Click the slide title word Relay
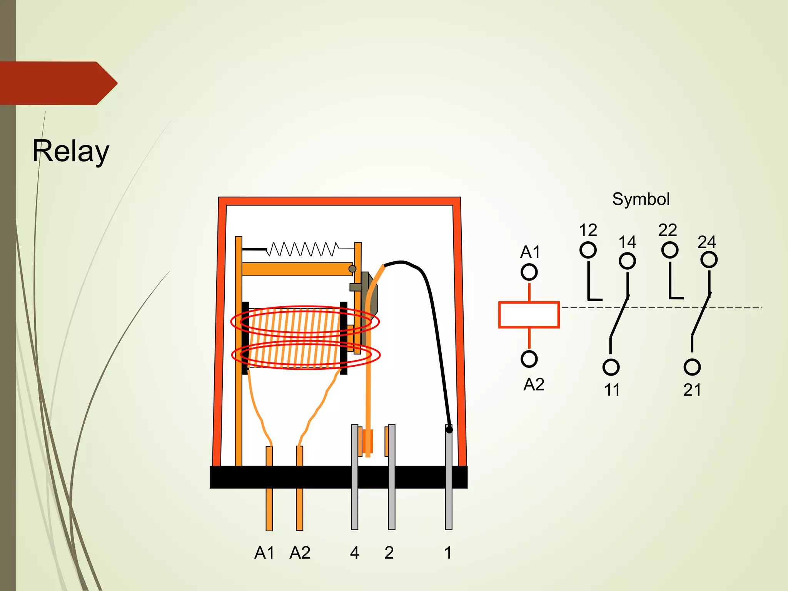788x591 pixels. coord(71,151)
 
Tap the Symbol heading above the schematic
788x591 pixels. coord(641,199)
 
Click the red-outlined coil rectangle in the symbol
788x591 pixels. coord(529,315)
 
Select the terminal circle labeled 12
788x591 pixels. coord(588,250)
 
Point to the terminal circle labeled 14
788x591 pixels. coord(627,261)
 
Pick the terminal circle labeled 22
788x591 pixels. coord(669,250)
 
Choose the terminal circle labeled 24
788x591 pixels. coord(709,260)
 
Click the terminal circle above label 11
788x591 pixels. coord(611,367)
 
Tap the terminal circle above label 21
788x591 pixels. coord(692,367)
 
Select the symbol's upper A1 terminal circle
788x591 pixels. coord(529,272)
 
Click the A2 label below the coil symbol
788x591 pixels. coord(534,384)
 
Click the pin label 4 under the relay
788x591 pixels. coord(354,553)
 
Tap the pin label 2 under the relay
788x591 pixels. coord(389,553)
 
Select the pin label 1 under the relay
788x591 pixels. coord(448,553)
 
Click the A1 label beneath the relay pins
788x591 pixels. coord(264,553)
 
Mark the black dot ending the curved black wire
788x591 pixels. coord(449,430)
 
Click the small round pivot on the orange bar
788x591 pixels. coord(352,269)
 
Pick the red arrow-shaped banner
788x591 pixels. coord(58,83)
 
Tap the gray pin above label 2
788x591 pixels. coord(392,477)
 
